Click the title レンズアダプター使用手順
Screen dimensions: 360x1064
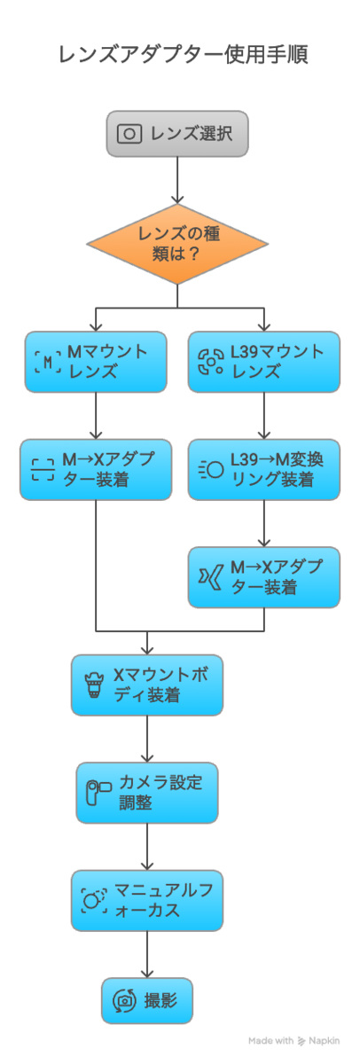(184, 55)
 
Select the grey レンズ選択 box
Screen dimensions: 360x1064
(177, 134)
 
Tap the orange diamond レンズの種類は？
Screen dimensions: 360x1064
(177, 244)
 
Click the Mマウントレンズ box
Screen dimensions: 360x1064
(96, 362)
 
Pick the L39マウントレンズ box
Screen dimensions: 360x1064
(264, 362)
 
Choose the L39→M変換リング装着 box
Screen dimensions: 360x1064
(264, 470)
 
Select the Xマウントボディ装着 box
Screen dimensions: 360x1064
(147, 685)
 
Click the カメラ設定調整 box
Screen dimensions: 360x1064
(147, 794)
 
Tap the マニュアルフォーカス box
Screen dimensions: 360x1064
(147, 901)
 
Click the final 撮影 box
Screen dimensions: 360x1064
(147, 1001)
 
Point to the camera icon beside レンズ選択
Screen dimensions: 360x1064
(129, 134)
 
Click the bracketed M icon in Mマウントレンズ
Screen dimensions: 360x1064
(48, 363)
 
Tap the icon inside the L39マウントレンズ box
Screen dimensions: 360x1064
(211, 362)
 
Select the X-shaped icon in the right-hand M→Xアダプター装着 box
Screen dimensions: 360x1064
(211, 577)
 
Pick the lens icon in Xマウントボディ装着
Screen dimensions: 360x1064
(94, 685)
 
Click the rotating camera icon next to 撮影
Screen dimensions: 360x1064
(124, 1001)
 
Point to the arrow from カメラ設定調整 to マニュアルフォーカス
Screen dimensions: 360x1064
(147, 847)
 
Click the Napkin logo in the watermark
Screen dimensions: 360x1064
(301, 1041)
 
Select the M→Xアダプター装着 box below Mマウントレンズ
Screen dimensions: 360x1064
(96, 470)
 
